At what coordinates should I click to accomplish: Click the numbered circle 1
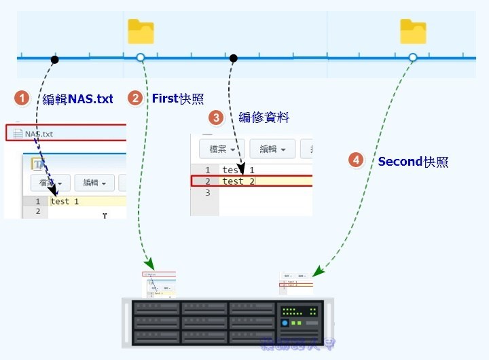[x=23, y=99]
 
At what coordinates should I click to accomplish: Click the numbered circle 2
[x=136, y=98]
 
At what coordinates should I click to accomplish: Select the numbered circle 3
[x=216, y=118]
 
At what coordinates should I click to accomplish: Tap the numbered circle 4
[x=356, y=160]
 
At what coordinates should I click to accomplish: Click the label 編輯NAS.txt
[x=77, y=99]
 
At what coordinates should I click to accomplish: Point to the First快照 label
[x=177, y=98]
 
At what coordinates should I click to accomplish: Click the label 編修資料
[x=264, y=118]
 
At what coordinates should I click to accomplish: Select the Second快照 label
[x=413, y=162]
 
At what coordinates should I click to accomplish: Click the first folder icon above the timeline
[x=141, y=31]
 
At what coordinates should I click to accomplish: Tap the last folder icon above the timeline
[x=413, y=31]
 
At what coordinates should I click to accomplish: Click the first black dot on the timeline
[x=55, y=59]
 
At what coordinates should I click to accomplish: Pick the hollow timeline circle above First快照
[x=141, y=58]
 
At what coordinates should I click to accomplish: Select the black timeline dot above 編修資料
[x=233, y=58]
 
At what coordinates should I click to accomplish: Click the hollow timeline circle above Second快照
[x=412, y=58]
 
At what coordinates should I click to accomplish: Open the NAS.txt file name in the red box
[x=38, y=134]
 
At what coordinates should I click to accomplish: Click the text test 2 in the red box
[x=233, y=181]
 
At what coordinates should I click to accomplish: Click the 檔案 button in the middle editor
[x=221, y=149]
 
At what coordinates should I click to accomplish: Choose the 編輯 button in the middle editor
[x=272, y=149]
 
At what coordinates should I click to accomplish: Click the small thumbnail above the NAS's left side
[x=158, y=284]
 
